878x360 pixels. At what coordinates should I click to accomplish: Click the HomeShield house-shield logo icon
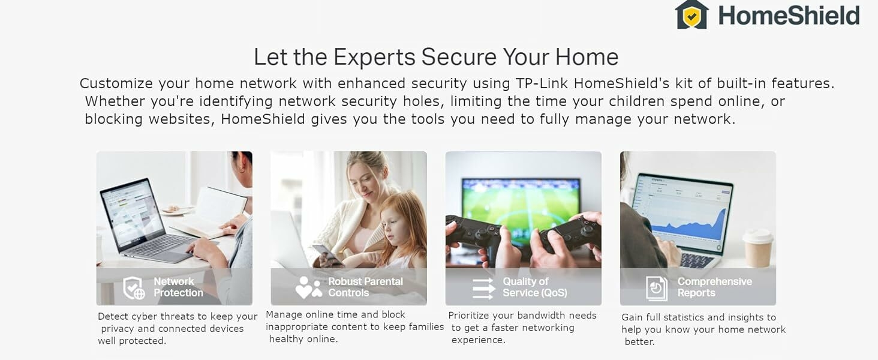pyautogui.click(x=692, y=14)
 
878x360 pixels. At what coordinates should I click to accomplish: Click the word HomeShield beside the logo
pyautogui.click(x=789, y=16)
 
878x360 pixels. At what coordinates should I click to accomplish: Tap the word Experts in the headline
pyautogui.click(x=374, y=57)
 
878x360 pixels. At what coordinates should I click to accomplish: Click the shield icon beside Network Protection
pyautogui.click(x=134, y=288)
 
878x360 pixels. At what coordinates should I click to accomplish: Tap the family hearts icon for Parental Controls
pyautogui.click(x=308, y=288)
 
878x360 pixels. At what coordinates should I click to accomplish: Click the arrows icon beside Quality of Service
pyautogui.click(x=483, y=288)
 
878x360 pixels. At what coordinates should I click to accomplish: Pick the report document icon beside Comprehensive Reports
pyautogui.click(x=657, y=288)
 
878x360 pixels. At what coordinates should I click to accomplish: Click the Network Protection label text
pyautogui.click(x=178, y=287)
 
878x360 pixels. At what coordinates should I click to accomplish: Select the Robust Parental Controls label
pyautogui.click(x=365, y=287)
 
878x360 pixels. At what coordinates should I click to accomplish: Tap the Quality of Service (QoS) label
pyautogui.click(x=535, y=287)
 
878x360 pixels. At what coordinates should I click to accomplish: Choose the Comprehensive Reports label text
pyautogui.click(x=714, y=287)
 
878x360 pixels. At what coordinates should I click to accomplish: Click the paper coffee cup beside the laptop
pyautogui.click(x=757, y=248)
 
